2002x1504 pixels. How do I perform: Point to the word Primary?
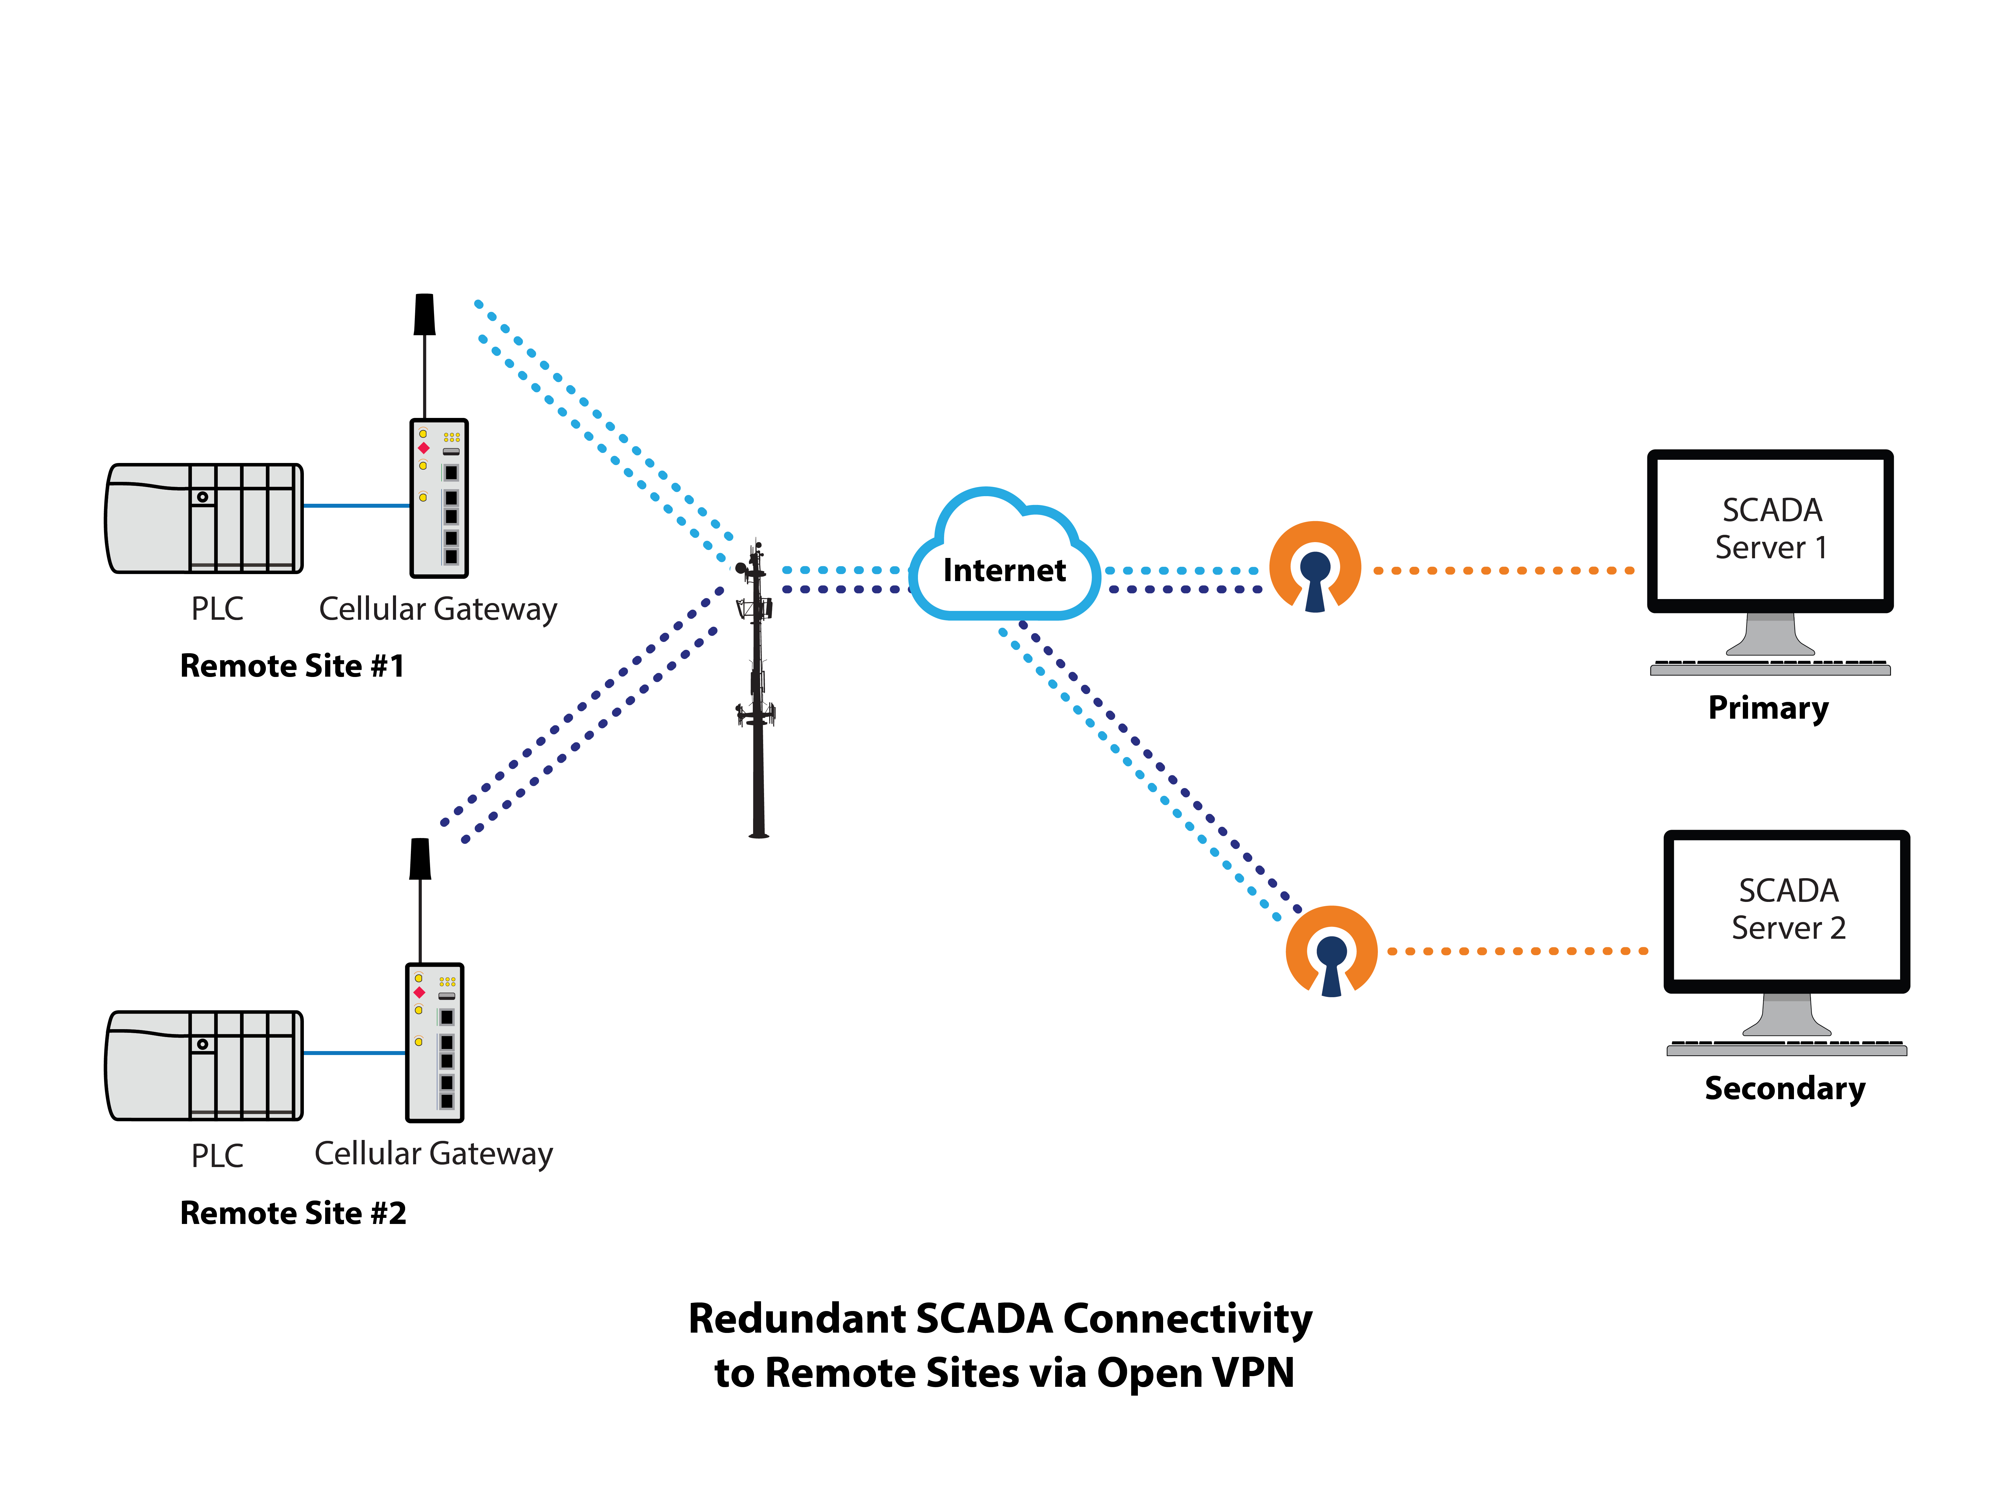point(1767,707)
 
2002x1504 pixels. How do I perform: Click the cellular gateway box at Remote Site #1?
point(439,498)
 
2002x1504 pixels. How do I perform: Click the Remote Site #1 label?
point(291,665)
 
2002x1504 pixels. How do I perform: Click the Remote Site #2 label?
point(292,1212)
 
